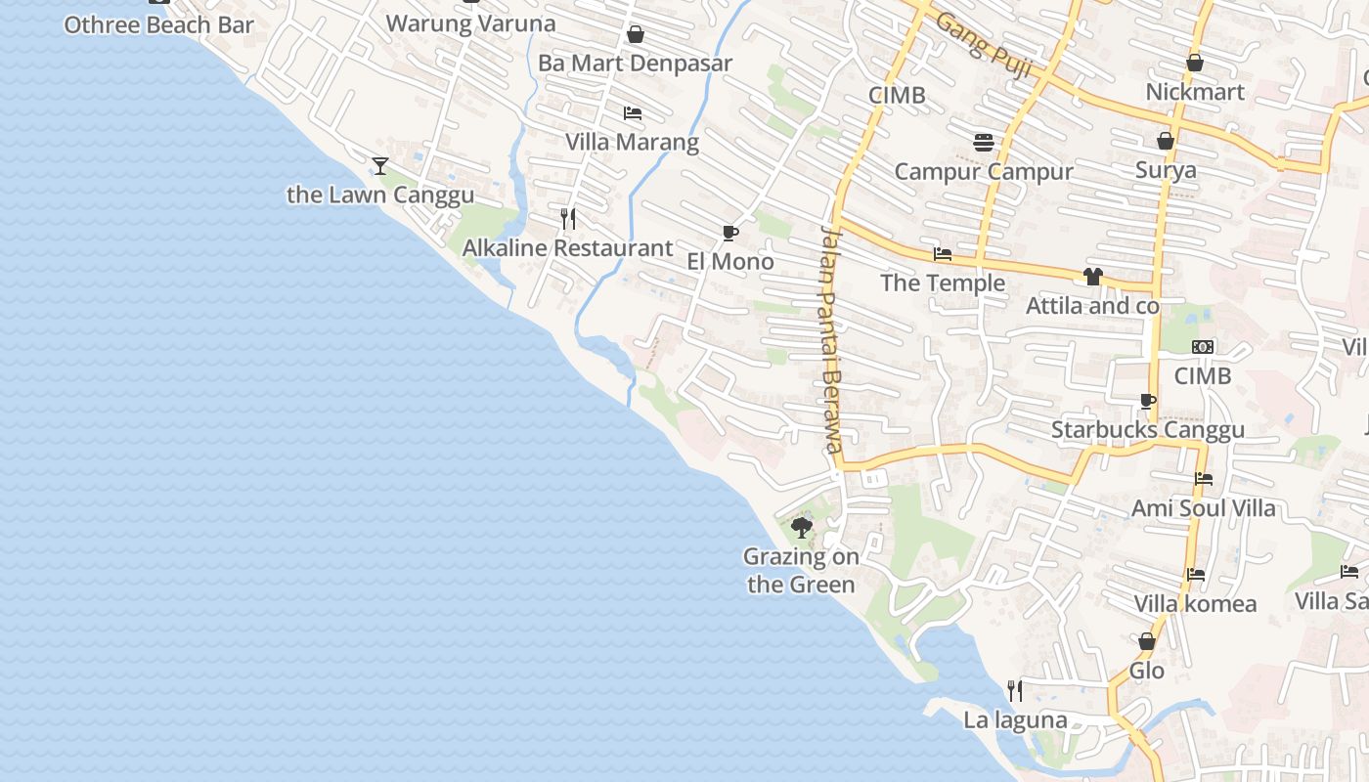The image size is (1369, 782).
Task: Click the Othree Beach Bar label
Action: point(158,25)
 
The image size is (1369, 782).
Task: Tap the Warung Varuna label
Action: point(471,23)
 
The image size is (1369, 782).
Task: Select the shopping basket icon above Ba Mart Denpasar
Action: point(636,35)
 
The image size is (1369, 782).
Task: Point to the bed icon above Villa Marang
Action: point(633,113)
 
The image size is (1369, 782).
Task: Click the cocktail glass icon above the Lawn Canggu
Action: point(380,166)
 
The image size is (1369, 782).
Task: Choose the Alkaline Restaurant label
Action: point(567,248)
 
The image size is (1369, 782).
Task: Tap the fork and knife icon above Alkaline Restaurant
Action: point(568,218)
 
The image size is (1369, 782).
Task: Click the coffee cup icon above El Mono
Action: point(729,233)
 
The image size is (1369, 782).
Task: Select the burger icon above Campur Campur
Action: point(984,143)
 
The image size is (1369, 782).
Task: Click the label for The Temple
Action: point(943,283)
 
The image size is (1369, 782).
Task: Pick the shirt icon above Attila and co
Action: point(1092,278)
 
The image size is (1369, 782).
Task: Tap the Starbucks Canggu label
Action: point(1148,430)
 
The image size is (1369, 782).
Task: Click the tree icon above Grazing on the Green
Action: point(802,528)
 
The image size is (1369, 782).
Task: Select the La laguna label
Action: point(1015,720)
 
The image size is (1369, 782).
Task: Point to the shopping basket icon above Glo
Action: point(1147,642)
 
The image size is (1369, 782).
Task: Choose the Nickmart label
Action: point(1195,92)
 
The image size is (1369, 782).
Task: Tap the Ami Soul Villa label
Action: point(1203,508)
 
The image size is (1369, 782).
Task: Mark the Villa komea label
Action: point(1195,604)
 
